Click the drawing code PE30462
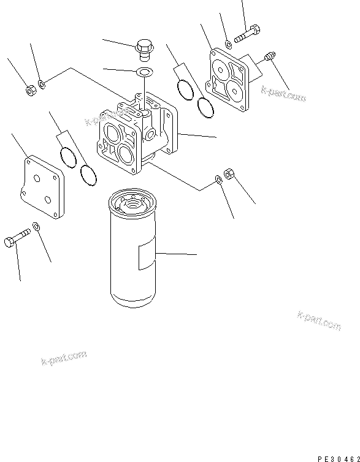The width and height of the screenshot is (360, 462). [x=338, y=457]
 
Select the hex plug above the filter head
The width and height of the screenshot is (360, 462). [x=145, y=48]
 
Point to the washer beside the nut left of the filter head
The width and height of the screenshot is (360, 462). [x=41, y=84]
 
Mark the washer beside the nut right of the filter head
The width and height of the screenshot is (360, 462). [x=219, y=180]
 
